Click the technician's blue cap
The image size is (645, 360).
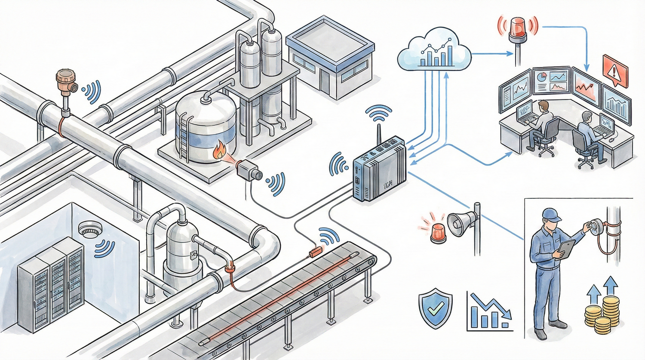pos(551,214)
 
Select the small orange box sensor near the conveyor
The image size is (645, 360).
pos(317,251)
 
